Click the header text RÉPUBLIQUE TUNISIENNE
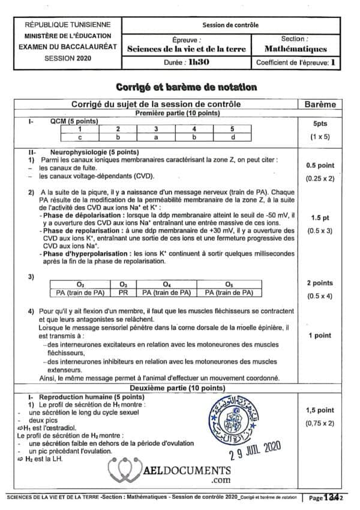[x=68, y=25]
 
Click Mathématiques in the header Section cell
[x=296, y=49]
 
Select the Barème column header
[x=325, y=104]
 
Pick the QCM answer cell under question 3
[x=155, y=137]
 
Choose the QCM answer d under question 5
[x=232, y=137]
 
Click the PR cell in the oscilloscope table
[x=123, y=292]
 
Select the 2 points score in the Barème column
[x=325, y=283]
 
